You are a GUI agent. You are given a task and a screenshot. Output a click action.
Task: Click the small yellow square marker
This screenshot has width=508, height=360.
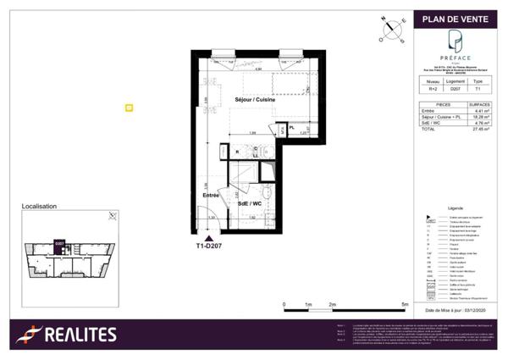[129, 108]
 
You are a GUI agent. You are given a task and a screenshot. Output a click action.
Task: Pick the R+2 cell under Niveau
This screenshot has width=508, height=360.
[431, 88]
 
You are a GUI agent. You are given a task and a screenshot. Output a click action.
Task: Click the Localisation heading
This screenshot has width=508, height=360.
[39, 206]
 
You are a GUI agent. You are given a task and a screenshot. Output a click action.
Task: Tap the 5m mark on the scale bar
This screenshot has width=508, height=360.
[406, 303]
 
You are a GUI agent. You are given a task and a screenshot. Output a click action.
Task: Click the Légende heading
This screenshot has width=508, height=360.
[456, 207]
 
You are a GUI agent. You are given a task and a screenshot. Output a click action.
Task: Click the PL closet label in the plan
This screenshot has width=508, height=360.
[291, 128]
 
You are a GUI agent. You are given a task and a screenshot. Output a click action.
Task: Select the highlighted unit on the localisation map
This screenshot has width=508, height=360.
[59, 243]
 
